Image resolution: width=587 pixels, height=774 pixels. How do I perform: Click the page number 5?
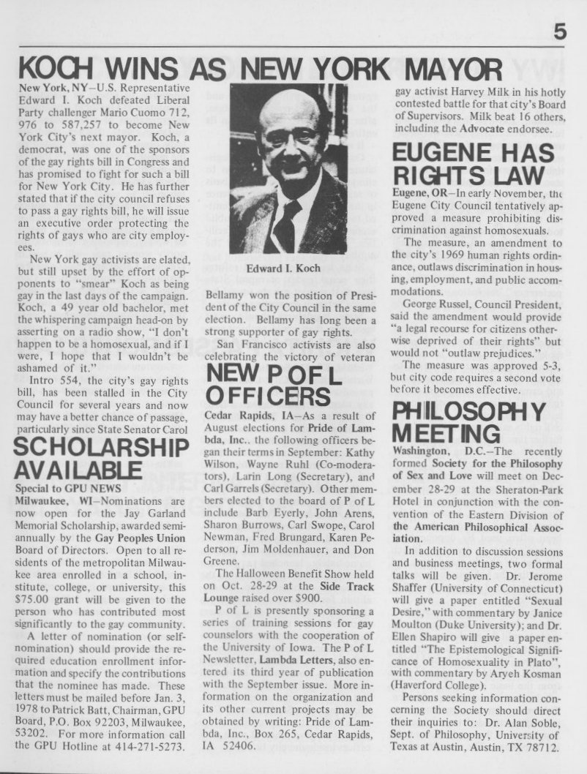(x=560, y=31)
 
